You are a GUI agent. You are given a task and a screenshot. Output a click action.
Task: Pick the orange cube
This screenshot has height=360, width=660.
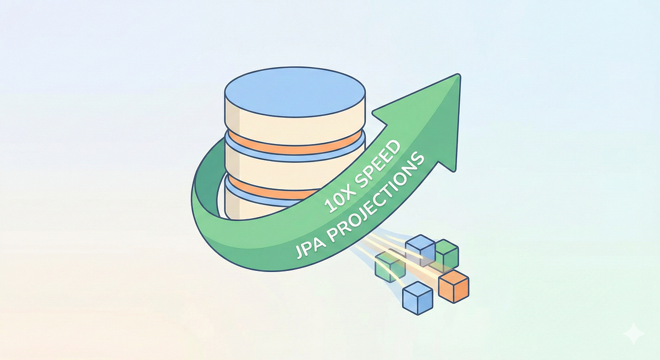(x=454, y=286)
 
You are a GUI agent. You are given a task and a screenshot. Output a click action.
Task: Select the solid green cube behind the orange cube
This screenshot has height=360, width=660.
(x=447, y=254)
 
